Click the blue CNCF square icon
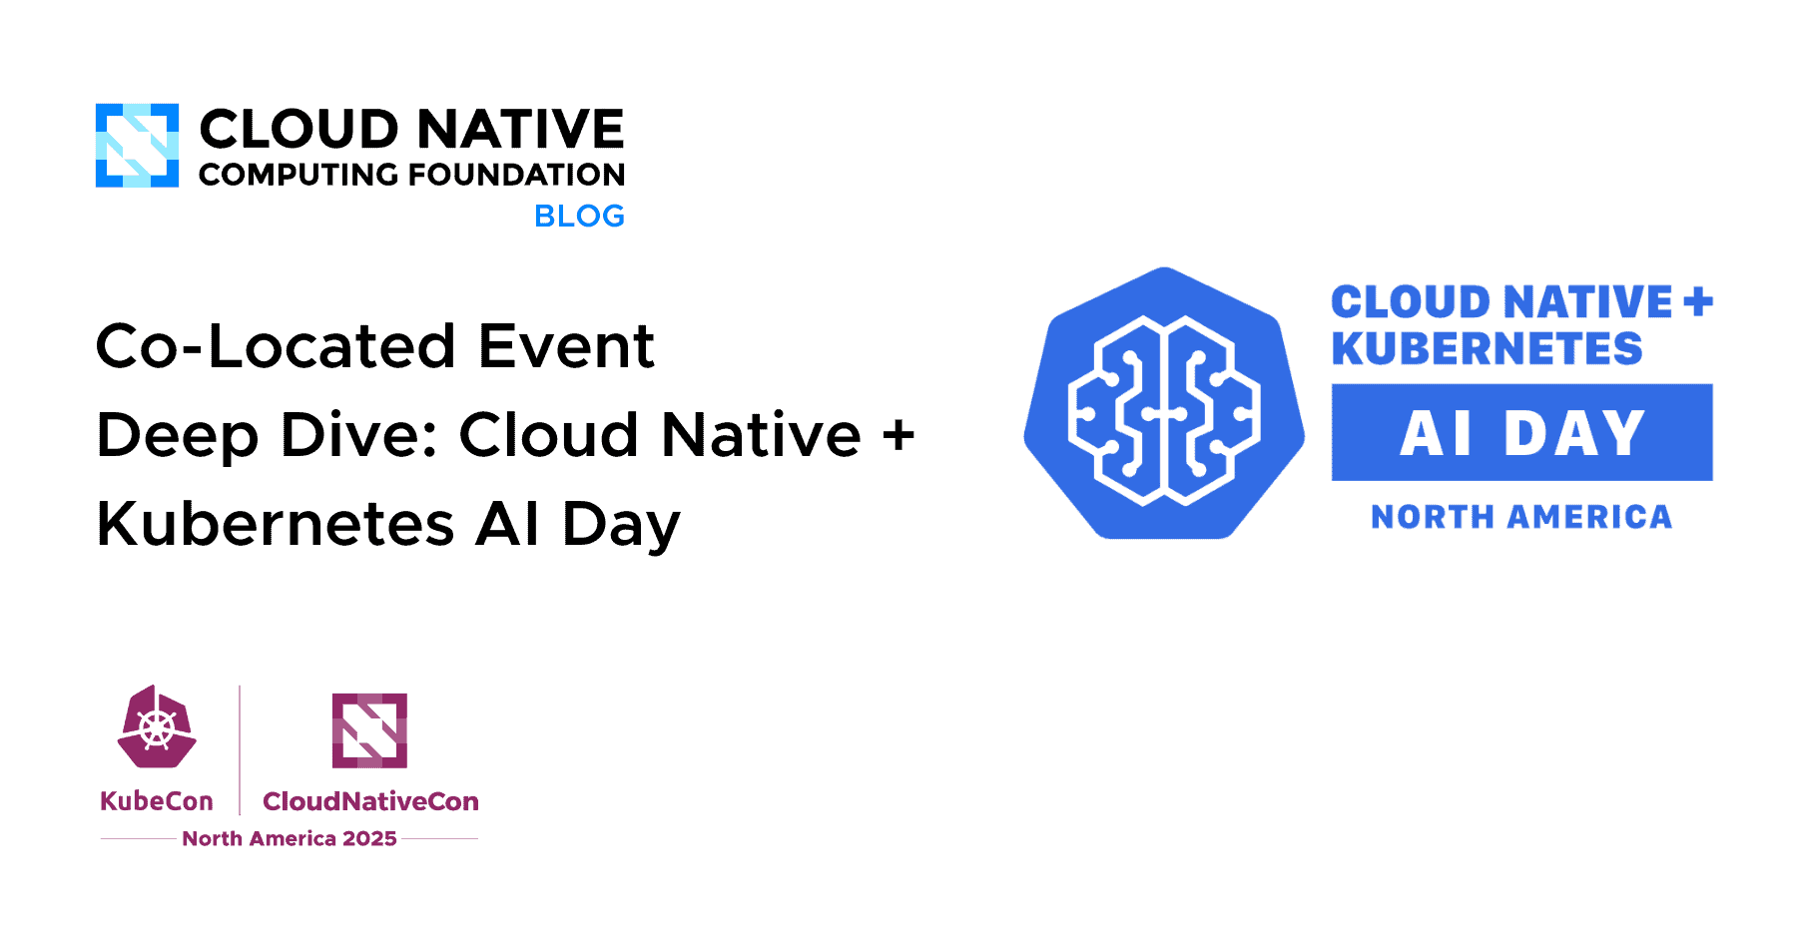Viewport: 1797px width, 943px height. (137, 146)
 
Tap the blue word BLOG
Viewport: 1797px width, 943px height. (579, 216)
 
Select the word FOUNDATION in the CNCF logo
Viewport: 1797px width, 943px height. (517, 175)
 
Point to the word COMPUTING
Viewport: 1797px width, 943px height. (299, 175)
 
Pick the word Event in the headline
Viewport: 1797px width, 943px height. (566, 346)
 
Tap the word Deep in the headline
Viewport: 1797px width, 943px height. (177, 436)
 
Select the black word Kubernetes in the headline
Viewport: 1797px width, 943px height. (276, 524)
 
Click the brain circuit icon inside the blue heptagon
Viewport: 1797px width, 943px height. (1164, 409)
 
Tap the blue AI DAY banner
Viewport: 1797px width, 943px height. (1521, 432)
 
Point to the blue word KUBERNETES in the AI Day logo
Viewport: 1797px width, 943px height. (1487, 348)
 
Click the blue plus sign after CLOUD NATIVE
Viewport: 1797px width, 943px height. (1698, 301)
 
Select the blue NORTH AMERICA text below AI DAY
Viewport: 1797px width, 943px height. (1521, 517)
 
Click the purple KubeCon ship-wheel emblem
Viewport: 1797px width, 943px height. (157, 726)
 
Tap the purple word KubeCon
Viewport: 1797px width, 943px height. (157, 801)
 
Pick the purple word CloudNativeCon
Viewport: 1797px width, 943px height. (370, 801)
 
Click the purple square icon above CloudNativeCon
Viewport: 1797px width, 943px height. (369, 730)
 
